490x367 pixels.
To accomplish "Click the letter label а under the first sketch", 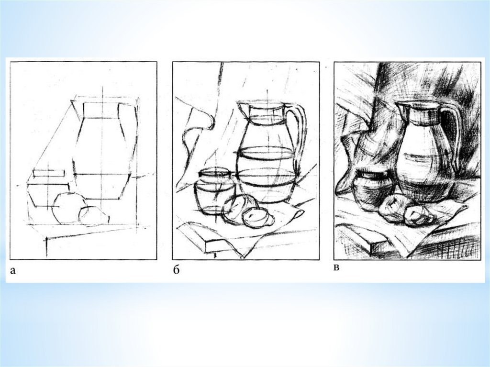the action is coord(13,271).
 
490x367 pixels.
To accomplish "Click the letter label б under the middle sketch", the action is coord(176,270).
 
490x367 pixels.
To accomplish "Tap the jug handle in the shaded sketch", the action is coord(456,131).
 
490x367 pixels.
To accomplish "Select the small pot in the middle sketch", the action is coord(214,191).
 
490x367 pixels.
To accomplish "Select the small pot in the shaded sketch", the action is coord(372,189).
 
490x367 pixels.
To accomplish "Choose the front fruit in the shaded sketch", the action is coord(418,216).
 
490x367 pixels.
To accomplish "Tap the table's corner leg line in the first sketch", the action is coord(47,247).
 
